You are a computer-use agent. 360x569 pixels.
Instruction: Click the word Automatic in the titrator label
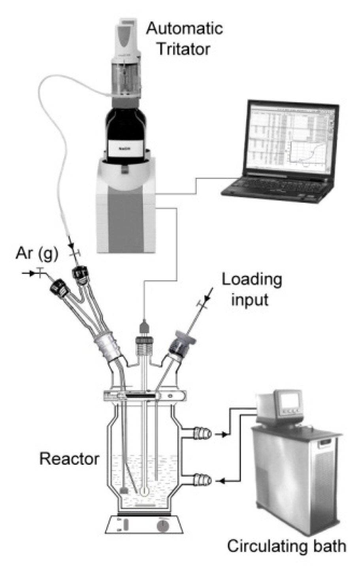pos(185,29)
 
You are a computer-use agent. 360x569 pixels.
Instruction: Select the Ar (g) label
pos(36,254)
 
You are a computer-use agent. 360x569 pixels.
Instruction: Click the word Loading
pos(252,280)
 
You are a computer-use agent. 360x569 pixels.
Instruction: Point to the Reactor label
pos(69,459)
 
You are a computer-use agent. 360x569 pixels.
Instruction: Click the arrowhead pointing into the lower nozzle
pos(222,481)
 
